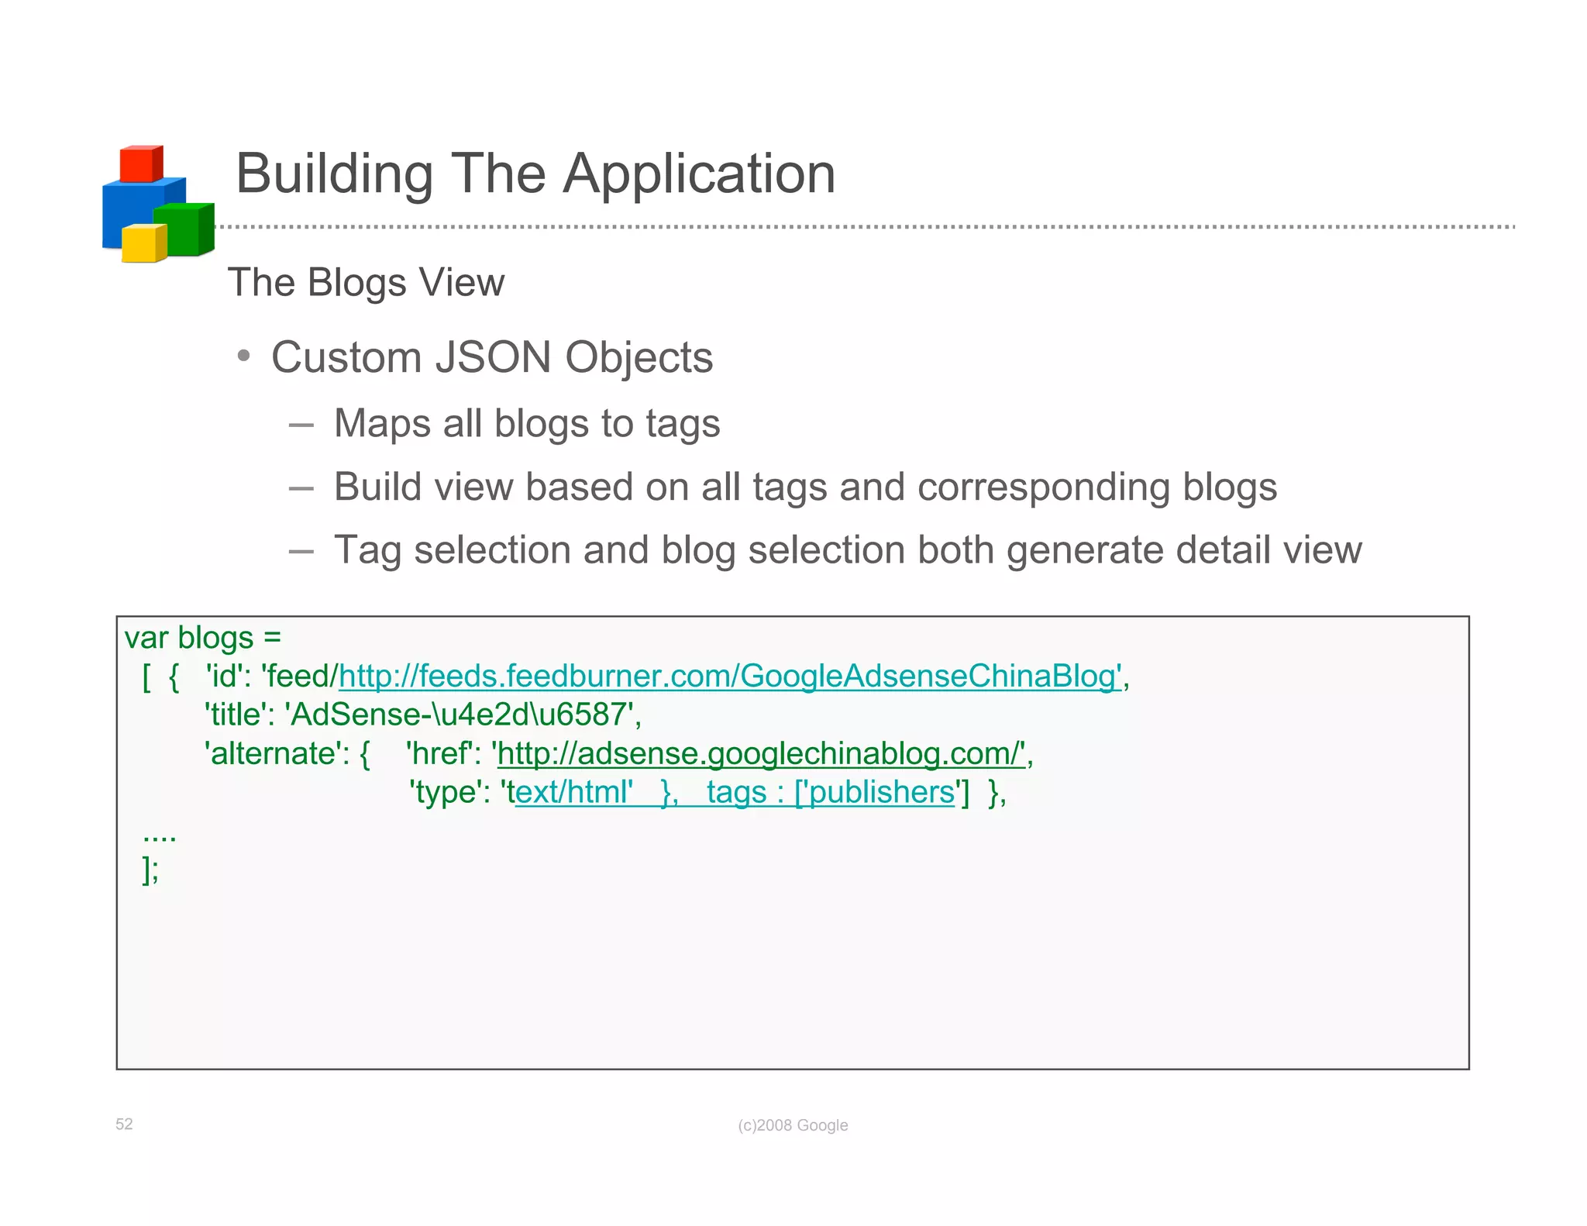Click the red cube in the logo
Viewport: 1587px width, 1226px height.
coord(140,164)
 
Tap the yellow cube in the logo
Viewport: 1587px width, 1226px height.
coord(143,243)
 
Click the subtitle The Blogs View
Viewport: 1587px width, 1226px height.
coord(366,283)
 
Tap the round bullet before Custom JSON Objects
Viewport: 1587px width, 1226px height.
coord(244,356)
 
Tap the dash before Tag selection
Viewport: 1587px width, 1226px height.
coord(301,552)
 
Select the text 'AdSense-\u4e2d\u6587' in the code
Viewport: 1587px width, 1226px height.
coord(463,715)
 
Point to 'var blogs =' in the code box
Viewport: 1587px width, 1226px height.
coord(203,638)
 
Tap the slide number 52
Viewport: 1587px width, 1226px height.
coord(124,1124)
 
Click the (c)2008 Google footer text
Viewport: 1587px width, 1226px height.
coord(793,1125)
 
